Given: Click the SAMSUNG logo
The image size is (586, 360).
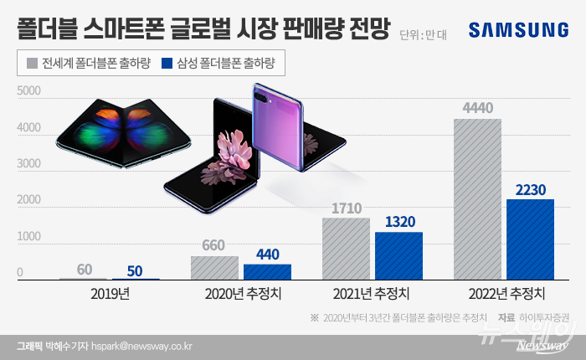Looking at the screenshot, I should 518,30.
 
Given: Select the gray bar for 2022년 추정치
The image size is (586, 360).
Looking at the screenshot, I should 477,199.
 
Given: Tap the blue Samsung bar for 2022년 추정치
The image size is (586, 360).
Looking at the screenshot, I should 530,239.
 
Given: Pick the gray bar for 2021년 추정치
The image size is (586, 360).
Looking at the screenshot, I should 346,249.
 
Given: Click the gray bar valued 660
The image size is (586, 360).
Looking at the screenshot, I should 214,268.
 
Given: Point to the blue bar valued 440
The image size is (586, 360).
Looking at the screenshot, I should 267,272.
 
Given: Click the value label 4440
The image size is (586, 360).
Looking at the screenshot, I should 477,107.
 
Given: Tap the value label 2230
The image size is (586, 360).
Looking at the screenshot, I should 530,189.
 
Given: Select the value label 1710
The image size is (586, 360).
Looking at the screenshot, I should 346,207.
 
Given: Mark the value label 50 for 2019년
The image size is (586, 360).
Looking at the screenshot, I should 135,270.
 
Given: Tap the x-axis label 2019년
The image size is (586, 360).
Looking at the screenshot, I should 109,294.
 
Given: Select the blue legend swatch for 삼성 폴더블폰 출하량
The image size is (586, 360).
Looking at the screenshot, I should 167,63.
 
